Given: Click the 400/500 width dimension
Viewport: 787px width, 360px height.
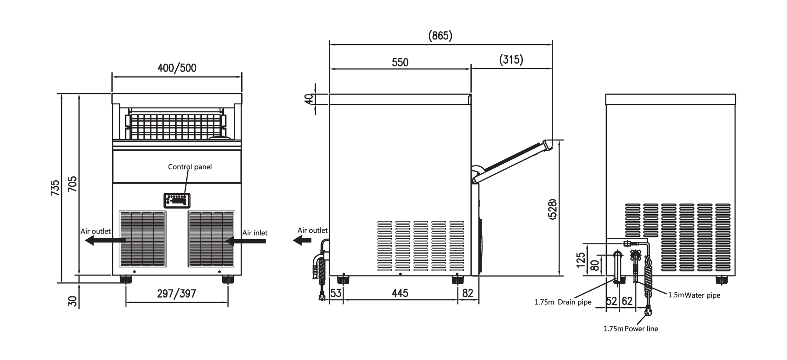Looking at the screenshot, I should click(x=177, y=68).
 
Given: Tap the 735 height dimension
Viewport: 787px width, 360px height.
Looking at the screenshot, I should click(x=55, y=188).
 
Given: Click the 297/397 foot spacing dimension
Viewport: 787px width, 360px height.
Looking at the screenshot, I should click(x=176, y=294).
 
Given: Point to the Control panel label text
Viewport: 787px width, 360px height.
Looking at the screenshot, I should click(x=190, y=167).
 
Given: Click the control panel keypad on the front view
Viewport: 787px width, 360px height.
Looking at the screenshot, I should click(x=176, y=200).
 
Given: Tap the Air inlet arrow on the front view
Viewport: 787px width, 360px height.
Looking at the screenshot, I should click(x=246, y=241).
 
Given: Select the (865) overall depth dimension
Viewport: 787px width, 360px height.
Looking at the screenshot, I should click(x=440, y=36).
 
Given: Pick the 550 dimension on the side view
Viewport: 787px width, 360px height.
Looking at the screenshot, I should click(x=400, y=62).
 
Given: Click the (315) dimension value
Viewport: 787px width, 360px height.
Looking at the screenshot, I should click(x=511, y=60).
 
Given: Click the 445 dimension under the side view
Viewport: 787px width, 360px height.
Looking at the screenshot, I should click(x=400, y=293).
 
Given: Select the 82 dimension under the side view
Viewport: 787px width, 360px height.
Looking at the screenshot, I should click(x=468, y=293).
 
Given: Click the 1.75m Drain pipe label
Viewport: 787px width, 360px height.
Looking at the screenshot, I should click(x=563, y=302).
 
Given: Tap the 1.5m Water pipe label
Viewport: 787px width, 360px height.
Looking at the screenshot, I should click(x=694, y=295).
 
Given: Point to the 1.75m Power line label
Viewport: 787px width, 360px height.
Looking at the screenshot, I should click(x=631, y=329).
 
